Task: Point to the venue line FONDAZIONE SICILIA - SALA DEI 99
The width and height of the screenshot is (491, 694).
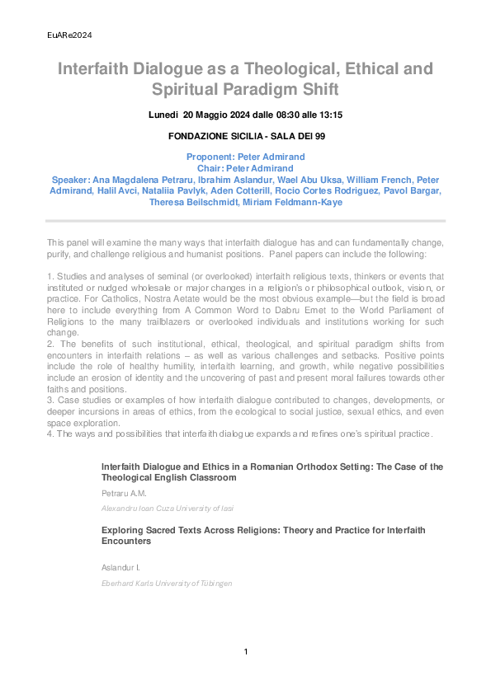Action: coord(246,136)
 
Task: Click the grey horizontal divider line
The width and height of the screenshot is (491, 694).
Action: coord(246,221)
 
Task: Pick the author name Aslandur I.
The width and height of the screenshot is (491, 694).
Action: coord(120,568)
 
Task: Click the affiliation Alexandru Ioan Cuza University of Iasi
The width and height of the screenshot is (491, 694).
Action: coord(167,509)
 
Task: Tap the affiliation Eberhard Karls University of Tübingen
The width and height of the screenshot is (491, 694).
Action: coord(166,584)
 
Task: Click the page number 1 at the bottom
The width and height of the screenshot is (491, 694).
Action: coord(246,652)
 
